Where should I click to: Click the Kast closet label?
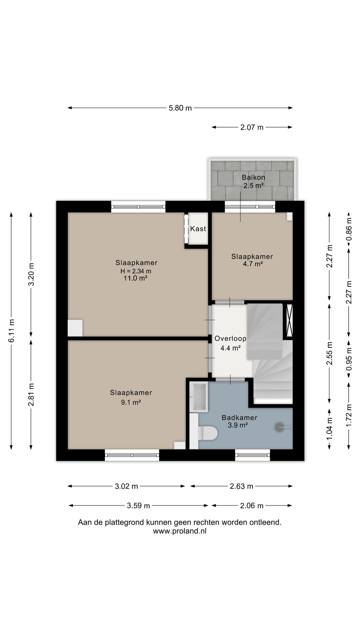click(198, 229)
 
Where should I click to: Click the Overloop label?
click(230, 339)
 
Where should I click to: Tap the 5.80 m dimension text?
click(180, 108)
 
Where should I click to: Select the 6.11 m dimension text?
click(12, 331)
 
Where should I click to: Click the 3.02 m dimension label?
click(126, 486)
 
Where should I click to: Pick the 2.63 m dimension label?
click(242, 486)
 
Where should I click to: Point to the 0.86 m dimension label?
click(349, 229)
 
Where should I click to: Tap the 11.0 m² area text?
click(136, 278)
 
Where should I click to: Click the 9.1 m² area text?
click(131, 402)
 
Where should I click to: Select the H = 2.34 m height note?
click(136, 271)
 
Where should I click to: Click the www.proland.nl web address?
click(180, 531)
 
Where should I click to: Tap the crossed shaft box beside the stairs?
click(289, 320)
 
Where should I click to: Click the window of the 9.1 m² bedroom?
click(132, 455)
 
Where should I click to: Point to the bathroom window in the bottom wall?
click(253, 455)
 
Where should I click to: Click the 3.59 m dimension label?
click(138, 506)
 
